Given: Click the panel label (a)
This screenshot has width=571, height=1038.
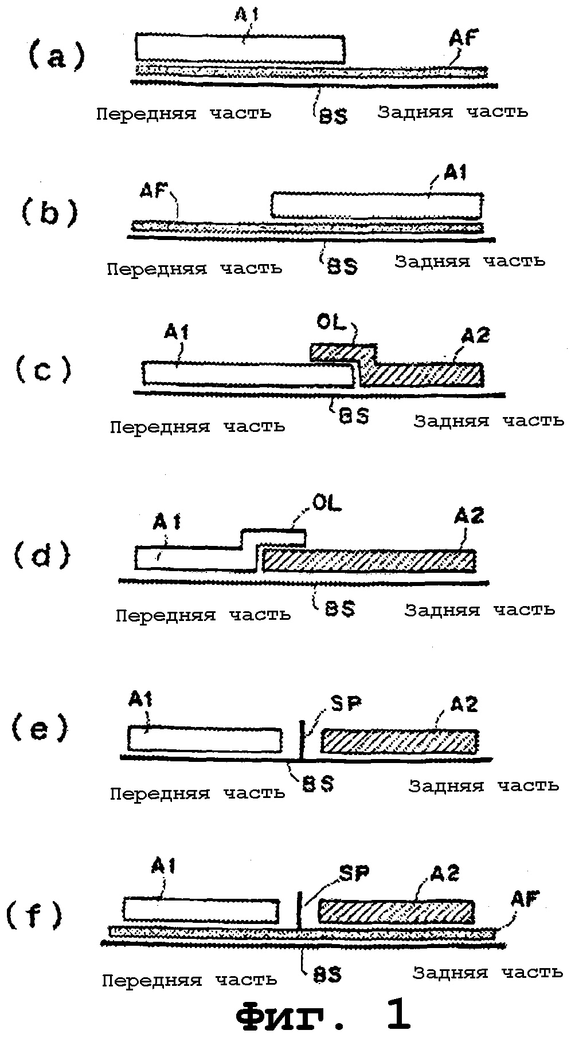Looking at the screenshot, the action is [x=57, y=57].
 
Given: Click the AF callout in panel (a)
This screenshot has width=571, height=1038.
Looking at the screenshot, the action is [x=464, y=39].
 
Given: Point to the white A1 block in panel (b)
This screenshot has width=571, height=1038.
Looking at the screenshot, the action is [x=376, y=206].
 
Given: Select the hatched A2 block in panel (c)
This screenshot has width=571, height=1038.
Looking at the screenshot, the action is [x=421, y=372].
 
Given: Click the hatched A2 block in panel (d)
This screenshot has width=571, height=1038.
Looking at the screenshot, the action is [x=369, y=560].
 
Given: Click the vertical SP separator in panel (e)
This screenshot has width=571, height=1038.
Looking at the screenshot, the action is [x=302, y=739].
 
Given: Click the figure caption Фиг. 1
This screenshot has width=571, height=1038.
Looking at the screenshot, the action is [x=323, y=1015].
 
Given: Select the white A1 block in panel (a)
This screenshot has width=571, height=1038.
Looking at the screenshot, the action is [x=240, y=48].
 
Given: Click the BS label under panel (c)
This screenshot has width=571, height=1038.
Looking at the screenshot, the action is [x=353, y=416].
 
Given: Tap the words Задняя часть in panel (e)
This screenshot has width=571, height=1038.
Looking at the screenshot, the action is [x=483, y=785].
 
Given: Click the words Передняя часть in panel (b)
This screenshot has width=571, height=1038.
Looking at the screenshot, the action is [x=194, y=268].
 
